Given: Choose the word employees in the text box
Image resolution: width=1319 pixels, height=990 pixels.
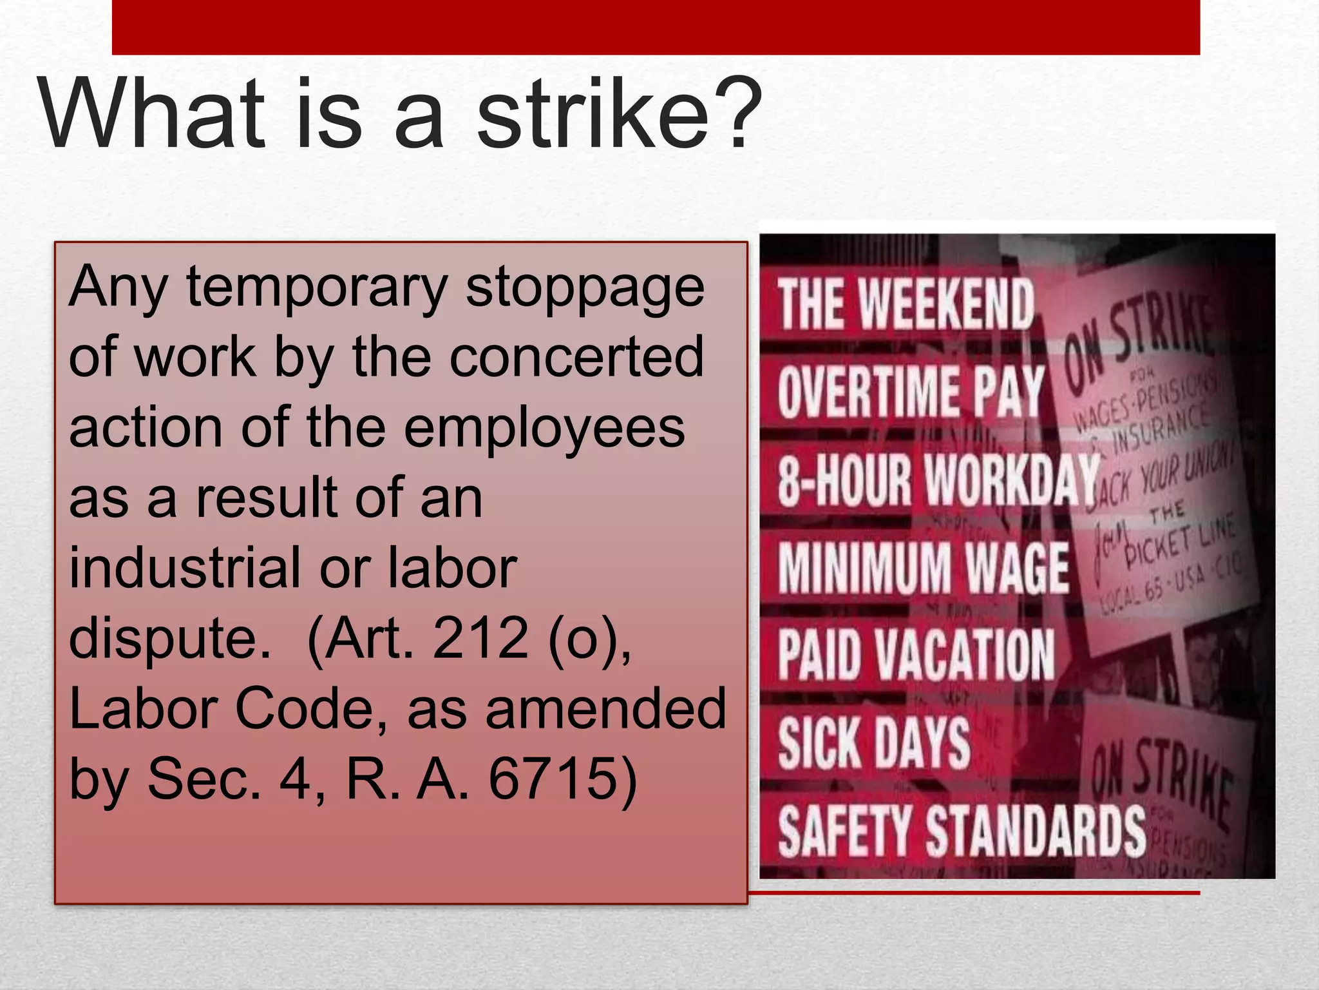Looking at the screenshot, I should pyautogui.click(x=544, y=429).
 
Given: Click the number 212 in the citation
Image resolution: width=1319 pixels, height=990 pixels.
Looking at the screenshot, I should pyautogui.click(x=480, y=638).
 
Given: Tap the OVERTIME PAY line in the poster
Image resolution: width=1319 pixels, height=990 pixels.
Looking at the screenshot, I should pyautogui.click(x=911, y=392).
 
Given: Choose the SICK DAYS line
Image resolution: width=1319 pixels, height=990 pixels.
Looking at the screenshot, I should pyautogui.click(x=874, y=743).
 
